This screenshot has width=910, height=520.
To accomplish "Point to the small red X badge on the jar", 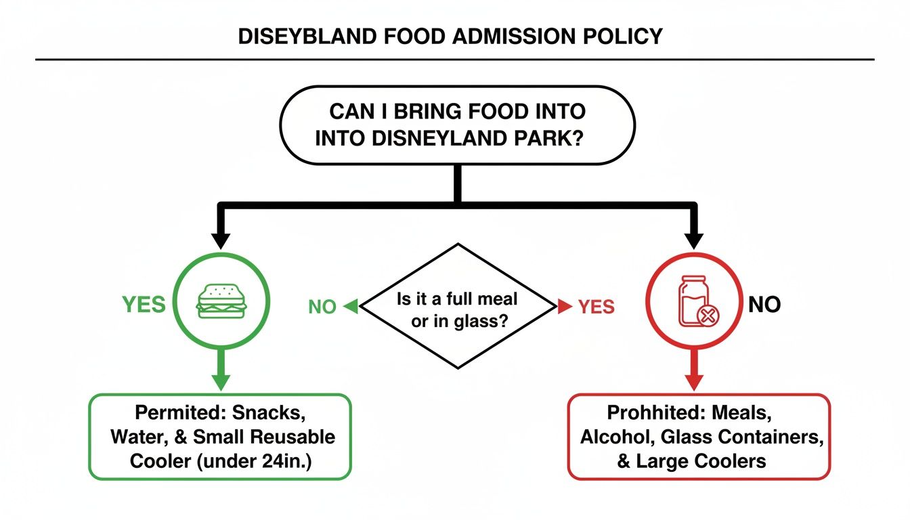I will pyautogui.click(x=708, y=316).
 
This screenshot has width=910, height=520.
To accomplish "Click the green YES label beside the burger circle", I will pyautogui.click(x=144, y=305).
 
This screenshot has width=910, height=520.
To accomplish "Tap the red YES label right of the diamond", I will pyautogui.click(x=596, y=307).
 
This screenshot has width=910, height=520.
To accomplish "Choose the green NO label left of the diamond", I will pyautogui.click(x=322, y=307).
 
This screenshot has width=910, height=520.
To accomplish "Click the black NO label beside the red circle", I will pyautogui.click(x=764, y=305).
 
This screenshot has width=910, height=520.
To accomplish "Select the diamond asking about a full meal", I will pyautogui.click(x=458, y=307).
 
